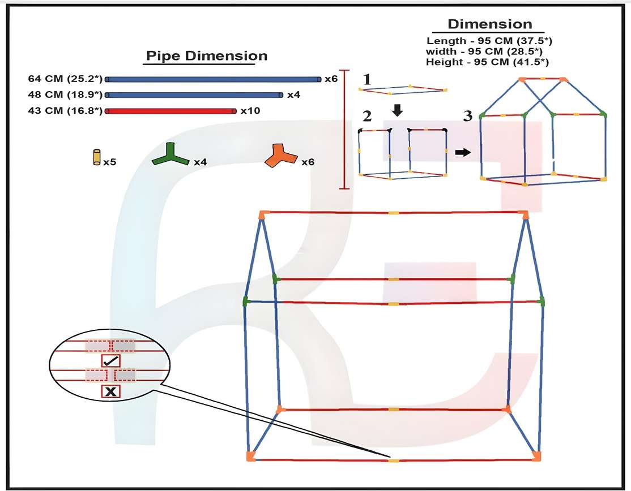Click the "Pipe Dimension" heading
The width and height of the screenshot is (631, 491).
click(x=207, y=56)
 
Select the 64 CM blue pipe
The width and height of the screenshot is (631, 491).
click(x=213, y=79)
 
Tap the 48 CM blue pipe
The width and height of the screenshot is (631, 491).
click(x=194, y=94)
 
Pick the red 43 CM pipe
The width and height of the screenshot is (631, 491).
click(x=170, y=111)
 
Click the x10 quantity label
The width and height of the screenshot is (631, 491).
click(x=250, y=111)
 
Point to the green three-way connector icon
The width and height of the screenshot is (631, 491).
click(x=170, y=155)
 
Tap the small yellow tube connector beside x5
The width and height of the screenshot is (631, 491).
click(x=96, y=157)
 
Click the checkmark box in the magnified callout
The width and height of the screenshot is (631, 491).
click(x=110, y=360)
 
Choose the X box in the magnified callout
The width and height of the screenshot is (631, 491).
click(x=110, y=391)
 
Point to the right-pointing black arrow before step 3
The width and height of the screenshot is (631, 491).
click(x=463, y=152)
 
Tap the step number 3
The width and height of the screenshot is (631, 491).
click(x=467, y=117)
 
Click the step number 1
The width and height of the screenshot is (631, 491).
click(x=367, y=79)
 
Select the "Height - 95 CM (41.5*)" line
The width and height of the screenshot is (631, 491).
click(x=487, y=61)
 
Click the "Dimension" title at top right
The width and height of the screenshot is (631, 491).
click(x=489, y=24)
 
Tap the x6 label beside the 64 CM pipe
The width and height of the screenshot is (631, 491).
click(x=331, y=79)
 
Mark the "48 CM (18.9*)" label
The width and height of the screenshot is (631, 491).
click(x=65, y=94)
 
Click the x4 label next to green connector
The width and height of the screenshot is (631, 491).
click(x=200, y=162)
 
